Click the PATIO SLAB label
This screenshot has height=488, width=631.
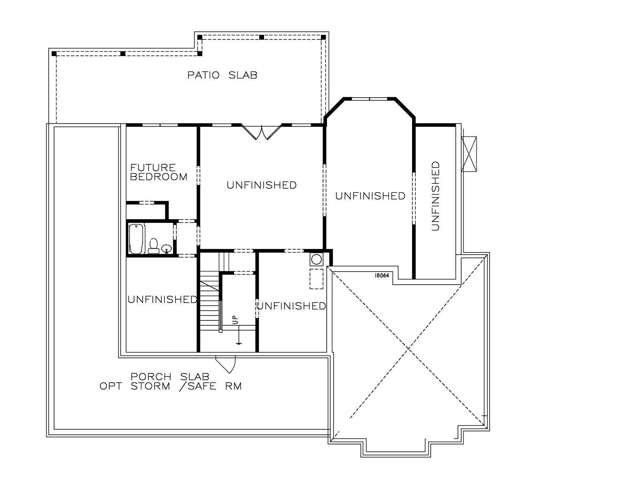[x=222, y=75]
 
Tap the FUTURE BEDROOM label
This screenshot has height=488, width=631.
[x=158, y=172]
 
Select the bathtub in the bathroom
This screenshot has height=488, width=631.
[x=137, y=239]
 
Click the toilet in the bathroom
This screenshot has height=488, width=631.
[x=153, y=246]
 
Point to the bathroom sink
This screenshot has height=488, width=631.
[x=167, y=248]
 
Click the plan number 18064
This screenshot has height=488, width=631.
[x=382, y=275]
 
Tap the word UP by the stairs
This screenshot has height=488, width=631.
[x=235, y=320]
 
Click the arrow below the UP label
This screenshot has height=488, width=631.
[x=239, y=335]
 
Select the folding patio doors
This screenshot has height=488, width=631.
[x=261, y=132]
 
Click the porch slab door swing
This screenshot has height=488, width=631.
[x=226, y=365]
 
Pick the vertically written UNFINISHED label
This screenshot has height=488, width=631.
[x=435, y=196]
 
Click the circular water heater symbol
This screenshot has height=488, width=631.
[x=317, y=259]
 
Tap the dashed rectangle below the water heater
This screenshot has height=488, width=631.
[x=317, y=279]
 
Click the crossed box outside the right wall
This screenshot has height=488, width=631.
[x=469, y=154]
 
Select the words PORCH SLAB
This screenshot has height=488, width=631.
[x=170, y=377]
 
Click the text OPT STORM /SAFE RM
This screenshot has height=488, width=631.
[x=171, y=386]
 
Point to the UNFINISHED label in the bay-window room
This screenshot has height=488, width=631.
[x=370, y=196]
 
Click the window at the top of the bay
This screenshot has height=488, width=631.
[x=369, y=99]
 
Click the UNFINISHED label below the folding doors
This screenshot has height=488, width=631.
[x=262, y=185]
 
